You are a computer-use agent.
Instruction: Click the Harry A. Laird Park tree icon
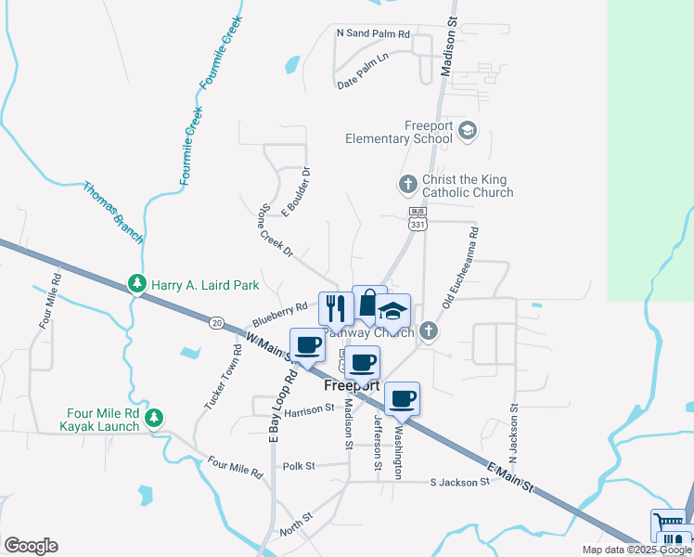point(136,282)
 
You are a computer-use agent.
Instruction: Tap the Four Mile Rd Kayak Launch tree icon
point(155,417)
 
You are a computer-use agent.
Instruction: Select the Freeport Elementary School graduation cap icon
point(467,130)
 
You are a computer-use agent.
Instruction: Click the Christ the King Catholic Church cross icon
point(407,185)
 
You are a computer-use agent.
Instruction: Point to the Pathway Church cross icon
point(428,330)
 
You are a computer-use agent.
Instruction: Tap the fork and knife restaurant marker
point(335,306)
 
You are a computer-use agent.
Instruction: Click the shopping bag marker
point(368,301)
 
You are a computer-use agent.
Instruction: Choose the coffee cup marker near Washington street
point(402,399)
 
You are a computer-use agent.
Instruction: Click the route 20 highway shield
point(216,322)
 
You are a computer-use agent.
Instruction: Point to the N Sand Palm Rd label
point(373,33)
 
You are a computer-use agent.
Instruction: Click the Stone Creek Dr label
point(276,231)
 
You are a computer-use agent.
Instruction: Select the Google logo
point(31,546)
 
